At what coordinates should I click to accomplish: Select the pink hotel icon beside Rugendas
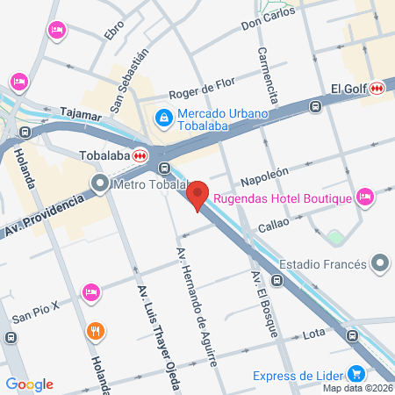point(366,196)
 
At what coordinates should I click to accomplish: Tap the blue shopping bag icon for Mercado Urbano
point(162,116)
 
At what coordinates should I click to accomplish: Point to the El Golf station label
point(348,88)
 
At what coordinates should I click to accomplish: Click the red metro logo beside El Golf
point(377,88)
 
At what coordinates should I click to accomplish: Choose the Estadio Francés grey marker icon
point(379,262)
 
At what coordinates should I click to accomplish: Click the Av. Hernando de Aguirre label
point(197,306)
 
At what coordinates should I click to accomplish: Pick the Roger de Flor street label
point(203,85)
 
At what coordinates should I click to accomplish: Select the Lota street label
point(314,334)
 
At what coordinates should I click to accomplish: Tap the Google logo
point(29,384)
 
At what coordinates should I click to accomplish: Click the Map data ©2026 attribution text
point(357,388)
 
